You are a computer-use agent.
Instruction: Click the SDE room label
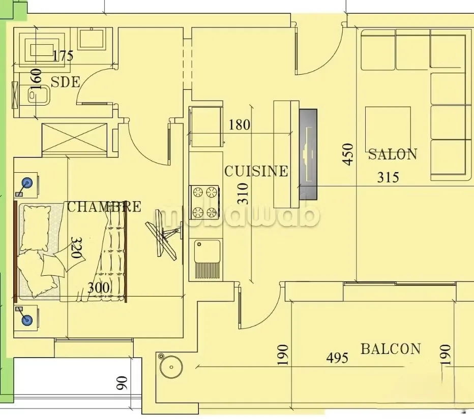point(66,81)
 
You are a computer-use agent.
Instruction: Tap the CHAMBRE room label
point(104,207)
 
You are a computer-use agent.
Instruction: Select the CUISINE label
point(256,171)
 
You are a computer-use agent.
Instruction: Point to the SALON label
point(393,154)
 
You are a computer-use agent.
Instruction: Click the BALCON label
point(391,349)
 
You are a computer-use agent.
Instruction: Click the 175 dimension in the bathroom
point(63,55)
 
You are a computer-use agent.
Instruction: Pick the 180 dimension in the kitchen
point(239,124)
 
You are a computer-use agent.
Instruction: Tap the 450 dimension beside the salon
point(348,154)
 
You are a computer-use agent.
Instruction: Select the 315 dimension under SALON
point(388,177)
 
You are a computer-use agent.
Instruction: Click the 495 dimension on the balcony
point(337,358)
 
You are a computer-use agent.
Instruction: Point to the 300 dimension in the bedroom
point(98,288)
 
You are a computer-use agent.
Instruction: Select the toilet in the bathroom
point(37,96)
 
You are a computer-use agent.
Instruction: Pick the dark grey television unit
point(308,154)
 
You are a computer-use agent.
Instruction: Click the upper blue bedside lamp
point(26,182)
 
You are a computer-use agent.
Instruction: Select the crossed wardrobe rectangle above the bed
point(75,137)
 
